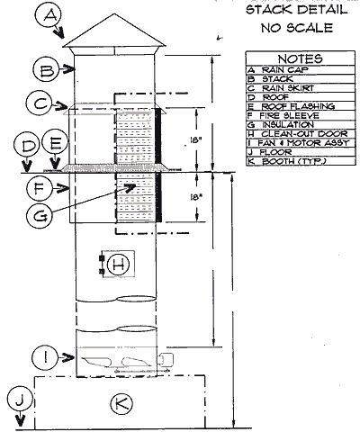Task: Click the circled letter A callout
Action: click(x=49, y=15)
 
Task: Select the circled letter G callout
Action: click(x=40, y=215)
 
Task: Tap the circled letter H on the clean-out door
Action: click(x=118, y=265)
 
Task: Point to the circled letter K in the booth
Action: click(x=121, y=403)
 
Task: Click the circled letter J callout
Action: click(x=19, y=400)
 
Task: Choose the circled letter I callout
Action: click(x=46, y=357)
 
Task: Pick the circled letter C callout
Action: click(x=39, y=103)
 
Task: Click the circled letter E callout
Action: click(x=54, y=144)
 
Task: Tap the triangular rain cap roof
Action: click(x=114, y=31)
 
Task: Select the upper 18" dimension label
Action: click(x=194, y=139)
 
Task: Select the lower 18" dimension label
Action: click(x=194, y=197)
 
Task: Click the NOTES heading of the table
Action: click(x=300, y=58)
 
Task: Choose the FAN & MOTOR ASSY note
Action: click(x=299, y=143)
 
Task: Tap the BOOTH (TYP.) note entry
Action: click(x=287, y=161)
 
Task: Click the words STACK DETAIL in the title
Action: click(x=297, y=10)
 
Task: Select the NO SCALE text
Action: click(x=297, y=28)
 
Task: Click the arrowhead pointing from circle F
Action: click(x=64, y=189)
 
